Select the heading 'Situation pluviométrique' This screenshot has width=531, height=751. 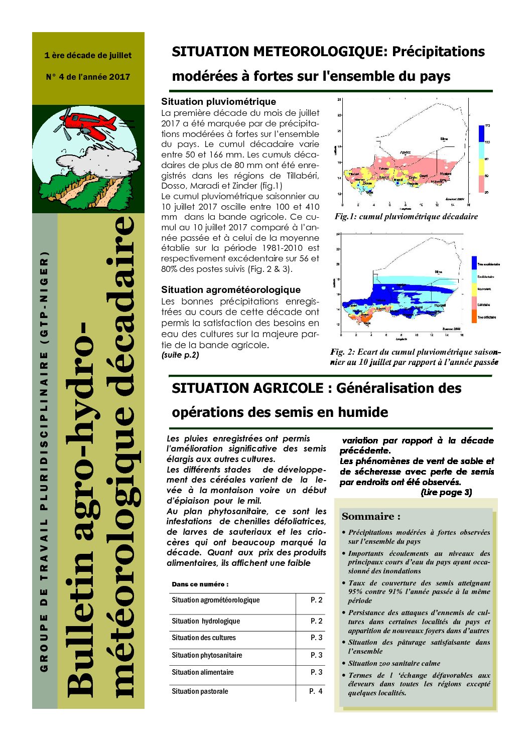point(218,102)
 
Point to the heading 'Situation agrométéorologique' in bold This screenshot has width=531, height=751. point(231,289)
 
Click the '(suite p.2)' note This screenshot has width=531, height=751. point(180,355)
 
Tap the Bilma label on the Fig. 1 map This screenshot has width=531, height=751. point(444,139)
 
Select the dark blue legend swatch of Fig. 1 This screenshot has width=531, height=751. point(481,133)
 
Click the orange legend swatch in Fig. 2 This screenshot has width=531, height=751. point(474,317)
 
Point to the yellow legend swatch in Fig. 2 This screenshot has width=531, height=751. point(474,289)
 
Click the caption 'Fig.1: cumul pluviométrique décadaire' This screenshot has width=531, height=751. point(406,217)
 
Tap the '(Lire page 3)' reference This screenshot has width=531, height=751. point(446,492)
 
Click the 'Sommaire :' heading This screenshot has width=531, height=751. point(371,516)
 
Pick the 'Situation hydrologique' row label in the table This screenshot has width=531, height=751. point(206,621)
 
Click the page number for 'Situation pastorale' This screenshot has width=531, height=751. point(316,691)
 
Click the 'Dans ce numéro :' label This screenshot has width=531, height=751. point(200,584)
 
